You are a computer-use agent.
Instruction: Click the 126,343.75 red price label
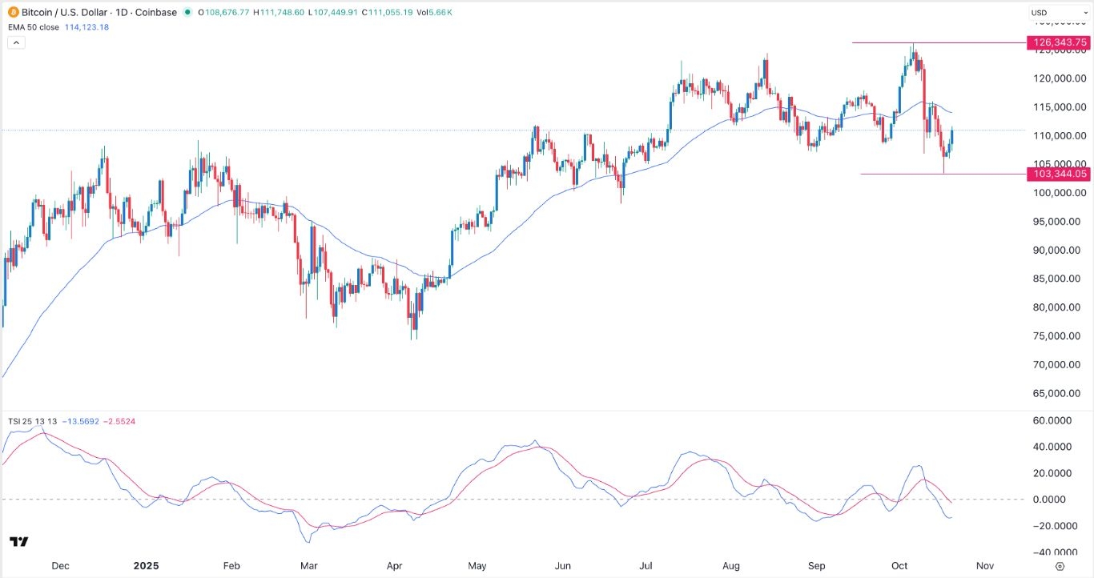point(1058,43)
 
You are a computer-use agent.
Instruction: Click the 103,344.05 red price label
point(1058,174)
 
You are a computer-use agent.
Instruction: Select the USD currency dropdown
point(1056,13)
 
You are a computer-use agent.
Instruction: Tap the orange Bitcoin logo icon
point(14,13)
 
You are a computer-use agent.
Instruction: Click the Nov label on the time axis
point(984,565)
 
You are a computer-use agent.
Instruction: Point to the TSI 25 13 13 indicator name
point(32,421)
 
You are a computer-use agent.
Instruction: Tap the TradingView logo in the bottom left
point(19,542)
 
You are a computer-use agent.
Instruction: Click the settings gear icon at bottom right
point(1060,565)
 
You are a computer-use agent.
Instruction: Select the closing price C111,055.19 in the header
point(388,13)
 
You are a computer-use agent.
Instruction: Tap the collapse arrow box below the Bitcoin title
point(15,42)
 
